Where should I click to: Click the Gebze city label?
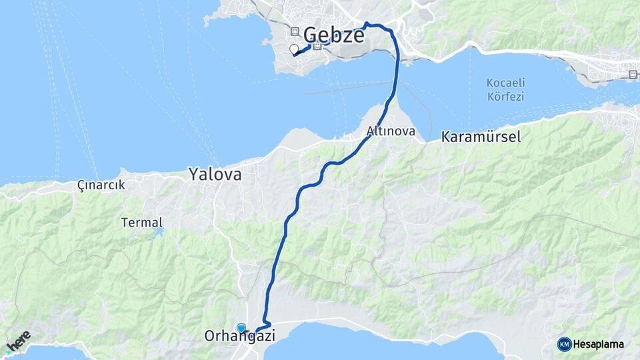tap(334, 35)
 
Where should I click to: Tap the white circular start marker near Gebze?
tap(293, 49)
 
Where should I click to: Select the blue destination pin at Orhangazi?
tap(241, 327)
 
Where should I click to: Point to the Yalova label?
tap(215, 175)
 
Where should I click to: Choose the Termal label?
tap(142, 222)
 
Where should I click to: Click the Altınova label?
tap(391, 131)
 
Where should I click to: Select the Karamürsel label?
tap(481, 137)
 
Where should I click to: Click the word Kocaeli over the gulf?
tap(505, 83)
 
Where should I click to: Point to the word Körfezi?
tap(505, 96)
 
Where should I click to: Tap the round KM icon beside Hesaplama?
tap(564, 344)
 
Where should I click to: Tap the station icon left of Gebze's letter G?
tap(294, 31)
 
